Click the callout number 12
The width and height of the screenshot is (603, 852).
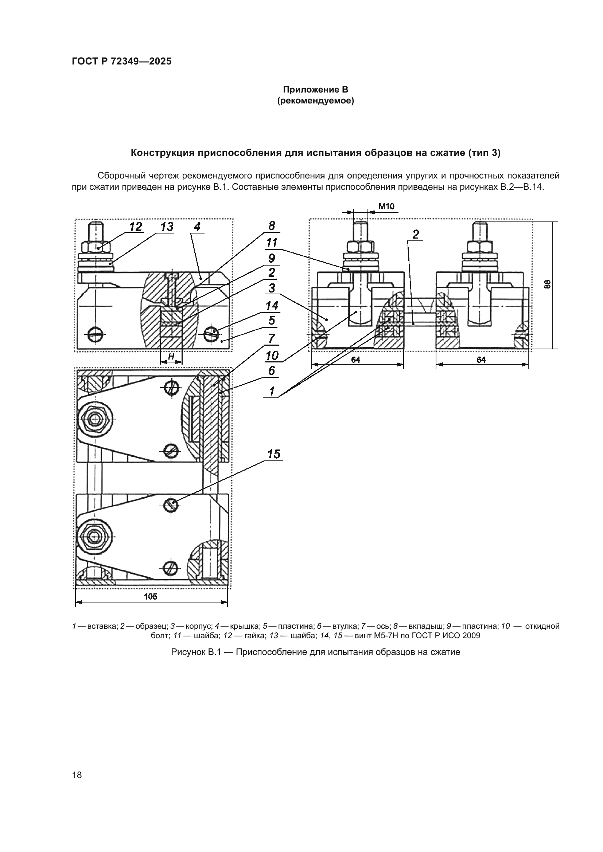[136, 226]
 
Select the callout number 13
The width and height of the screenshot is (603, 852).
[167, 226]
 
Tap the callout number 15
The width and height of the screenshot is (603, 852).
[274, 454]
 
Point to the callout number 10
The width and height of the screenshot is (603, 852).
[272, 356]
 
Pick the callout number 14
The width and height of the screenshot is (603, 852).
[272, 306]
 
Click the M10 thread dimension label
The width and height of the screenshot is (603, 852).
[386, 206]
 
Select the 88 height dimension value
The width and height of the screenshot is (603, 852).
[546, 284]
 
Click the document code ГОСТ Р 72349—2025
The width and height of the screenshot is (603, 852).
[121, 61]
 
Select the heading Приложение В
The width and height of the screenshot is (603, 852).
[315, 90]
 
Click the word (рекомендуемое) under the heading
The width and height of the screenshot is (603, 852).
[315, 101]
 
